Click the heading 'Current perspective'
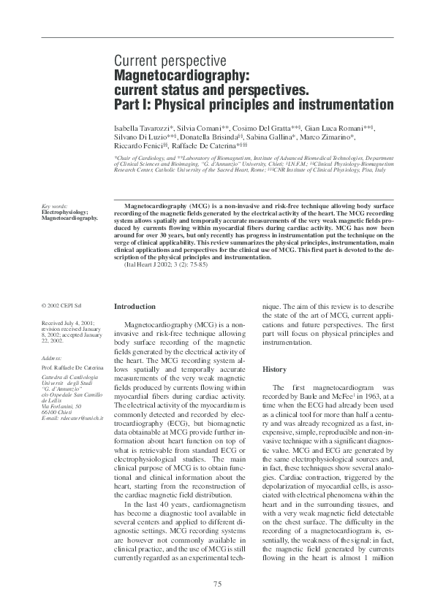[x=170, y=61]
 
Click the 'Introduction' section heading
[x=135, y=307]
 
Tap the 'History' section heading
[x=275, y=370]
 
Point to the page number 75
[x=217, y=583]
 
